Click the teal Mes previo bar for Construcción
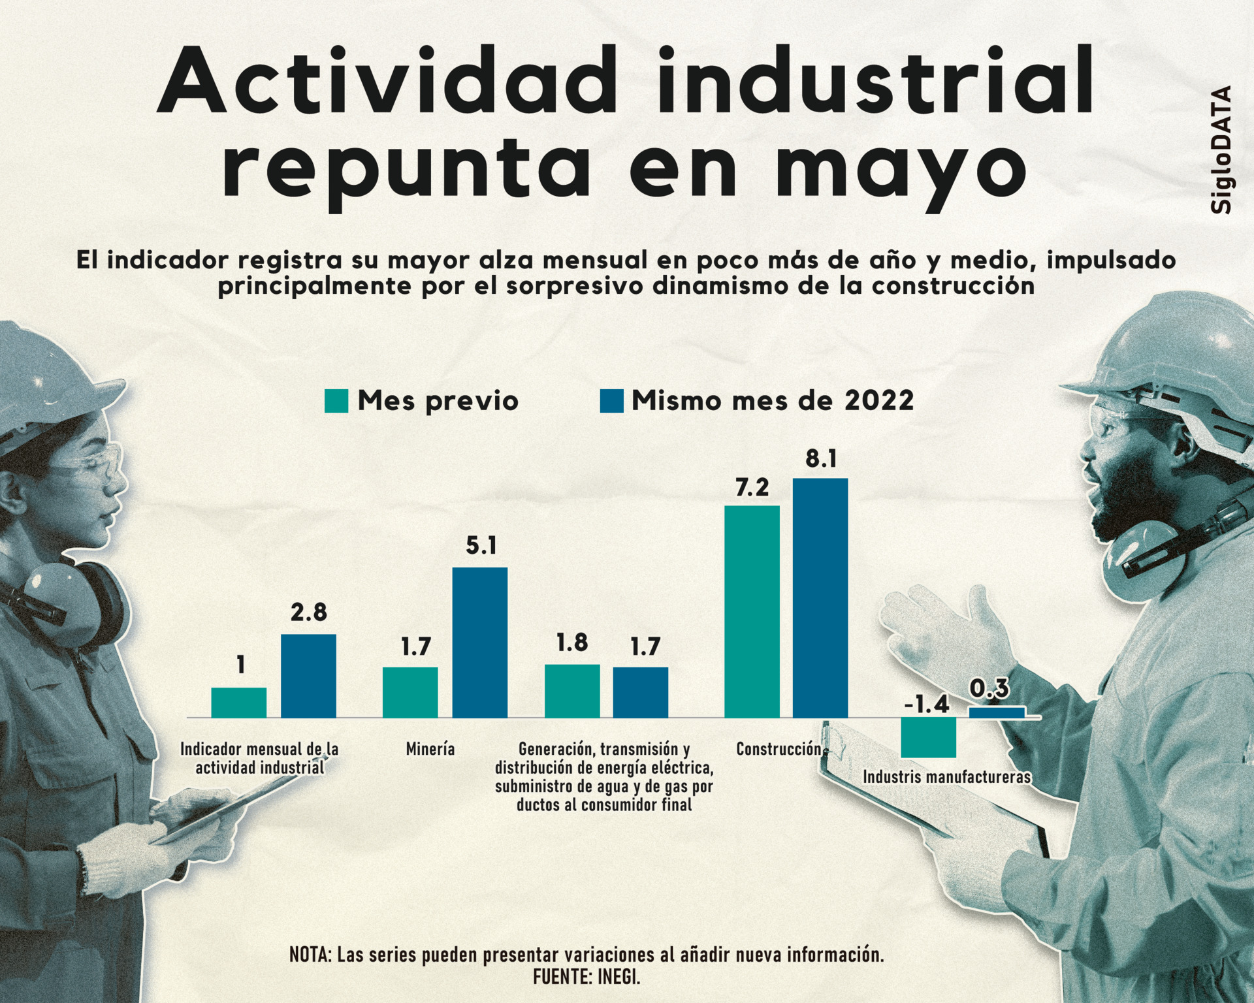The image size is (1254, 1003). click(x=752, y=611)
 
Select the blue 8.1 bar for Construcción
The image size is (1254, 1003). click(x=820, y=597)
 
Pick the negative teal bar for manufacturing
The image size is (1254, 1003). click(x=928, y=737)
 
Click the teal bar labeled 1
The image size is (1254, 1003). click(x=238, y=703)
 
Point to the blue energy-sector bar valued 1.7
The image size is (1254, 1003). click(x=640, y=692)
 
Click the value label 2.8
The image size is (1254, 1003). click(x=308, y=613)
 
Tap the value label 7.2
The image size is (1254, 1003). click(x=752, y=488)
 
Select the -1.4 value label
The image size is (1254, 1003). click(x=927, y=705)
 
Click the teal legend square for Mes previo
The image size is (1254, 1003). click(x=336, y=401)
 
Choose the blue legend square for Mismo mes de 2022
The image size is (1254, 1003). click(x=611, y=401)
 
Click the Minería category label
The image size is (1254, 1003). click(x=430, y=749)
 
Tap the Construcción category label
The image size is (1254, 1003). click(x=779, y=749)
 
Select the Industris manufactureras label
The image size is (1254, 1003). click(x=946, y=777)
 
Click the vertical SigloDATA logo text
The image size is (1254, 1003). click(x=1221, y=150)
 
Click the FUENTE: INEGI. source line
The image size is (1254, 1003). click(x=587, y=977)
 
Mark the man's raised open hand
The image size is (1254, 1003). click(x=940, y=627)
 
